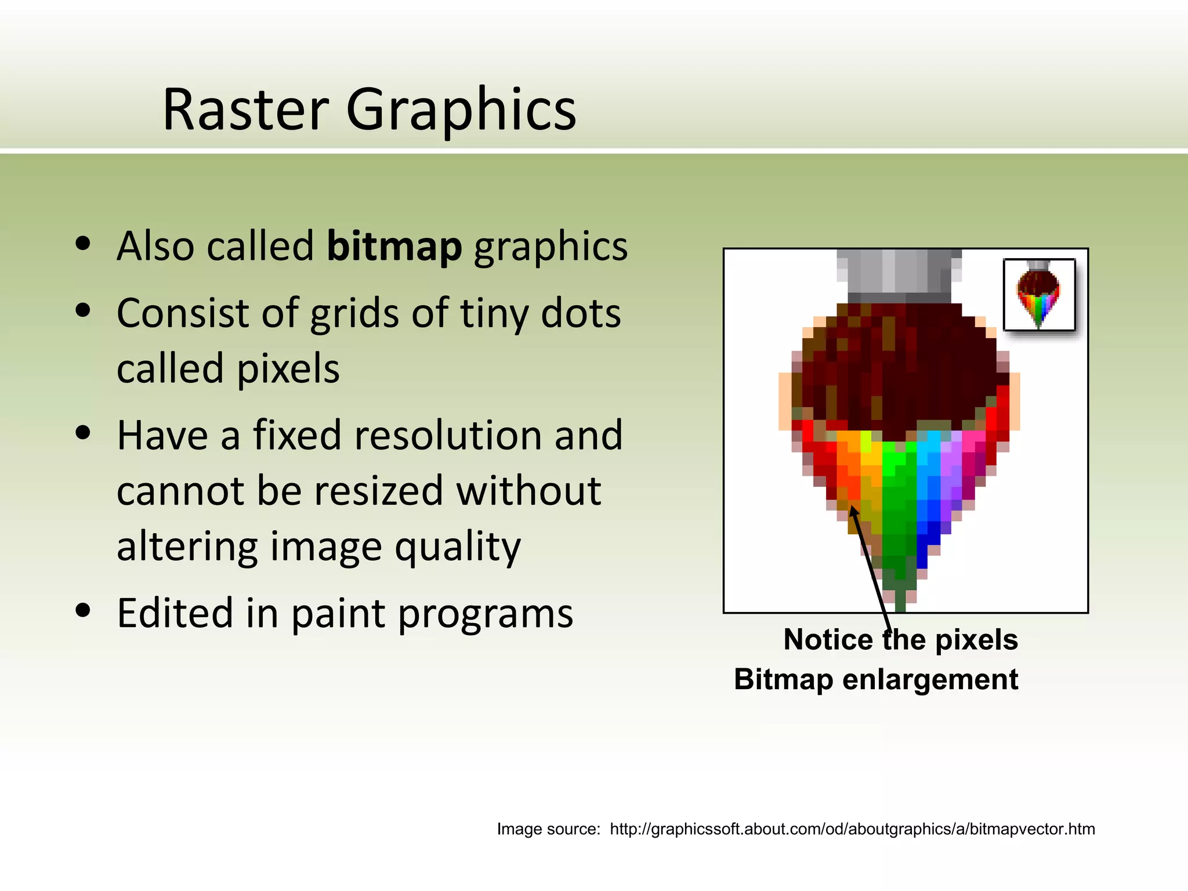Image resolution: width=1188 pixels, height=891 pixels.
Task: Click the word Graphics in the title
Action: [x=461, y=110]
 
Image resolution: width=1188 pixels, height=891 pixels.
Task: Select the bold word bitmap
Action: [x=394, y=246]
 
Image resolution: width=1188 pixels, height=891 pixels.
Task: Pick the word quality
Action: [x=458, y=546]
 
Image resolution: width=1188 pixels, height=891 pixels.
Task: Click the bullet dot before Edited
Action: [x=84, y=610]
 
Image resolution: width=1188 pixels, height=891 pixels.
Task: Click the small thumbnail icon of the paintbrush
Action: [x=1039, y=295]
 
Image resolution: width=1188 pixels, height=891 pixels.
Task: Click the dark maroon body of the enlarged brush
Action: [x=905, y=371]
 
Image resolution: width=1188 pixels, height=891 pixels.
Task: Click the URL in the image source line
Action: [x=852, y=829]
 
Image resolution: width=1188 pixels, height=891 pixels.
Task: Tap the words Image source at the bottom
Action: [x=548, y=829]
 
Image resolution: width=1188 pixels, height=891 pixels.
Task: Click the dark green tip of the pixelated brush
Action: [x=900, y=600]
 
